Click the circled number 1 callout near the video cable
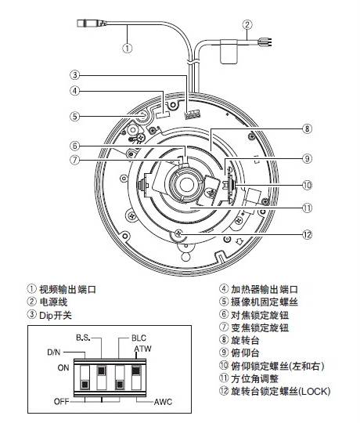pyautogui.click(x=128, y=48)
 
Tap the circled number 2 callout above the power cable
pyautogui.click(x=247, y=25)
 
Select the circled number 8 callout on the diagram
pyautogui.click(x=308, y=128)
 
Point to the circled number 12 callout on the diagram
pyautogui.click(x=308, y=234)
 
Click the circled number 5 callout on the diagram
pyautogui.click(x=75, y=117)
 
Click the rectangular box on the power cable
pyautogui.click(x=229, y=52)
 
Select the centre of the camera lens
pyautogui.click(x=185, y=185)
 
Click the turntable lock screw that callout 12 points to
pyautogui.click(x=178, y=233)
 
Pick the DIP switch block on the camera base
pyautogui.click(x=193, y=114)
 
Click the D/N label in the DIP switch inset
pyautogui.click(x=54, y=352)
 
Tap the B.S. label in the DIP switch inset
pyautogui.click(x=83, y=338)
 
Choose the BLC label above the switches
pyautogui.click(x=139, y=338)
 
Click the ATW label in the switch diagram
pyautogui.click(x=142, y=349)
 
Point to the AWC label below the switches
pyautogui.click(x=163, y=402)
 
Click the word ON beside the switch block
pyautogui.click(x=63, y=367)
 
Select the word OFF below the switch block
pyautogui.click(x=62, y=401)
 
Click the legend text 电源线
pyautogui.click(x=53, y=302)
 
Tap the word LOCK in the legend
pyautogui.click(x=314, y=391)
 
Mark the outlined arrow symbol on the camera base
pyautogui.click(x=239, y=241)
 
